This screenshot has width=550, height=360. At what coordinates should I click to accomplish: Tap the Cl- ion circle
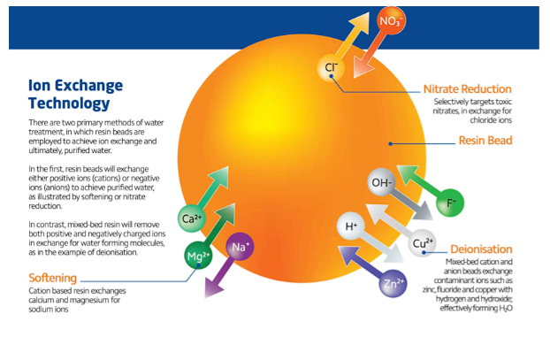click(330, 66)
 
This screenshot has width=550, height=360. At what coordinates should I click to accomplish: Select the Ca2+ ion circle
click(191, 218)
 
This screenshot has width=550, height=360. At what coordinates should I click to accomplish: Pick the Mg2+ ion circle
click(197, 257)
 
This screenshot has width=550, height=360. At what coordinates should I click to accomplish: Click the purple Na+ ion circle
click(240, 247)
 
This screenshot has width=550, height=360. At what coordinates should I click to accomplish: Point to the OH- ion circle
click(382, 183)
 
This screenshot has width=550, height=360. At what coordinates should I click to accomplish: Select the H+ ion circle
click(351, 226)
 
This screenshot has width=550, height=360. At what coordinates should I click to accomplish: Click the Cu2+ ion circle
click(422, 242)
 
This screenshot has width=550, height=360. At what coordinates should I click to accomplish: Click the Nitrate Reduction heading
click(467, 89)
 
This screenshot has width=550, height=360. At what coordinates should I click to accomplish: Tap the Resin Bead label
click(485, 141)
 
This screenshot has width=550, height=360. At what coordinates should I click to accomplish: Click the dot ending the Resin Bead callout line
click(390, 141)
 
